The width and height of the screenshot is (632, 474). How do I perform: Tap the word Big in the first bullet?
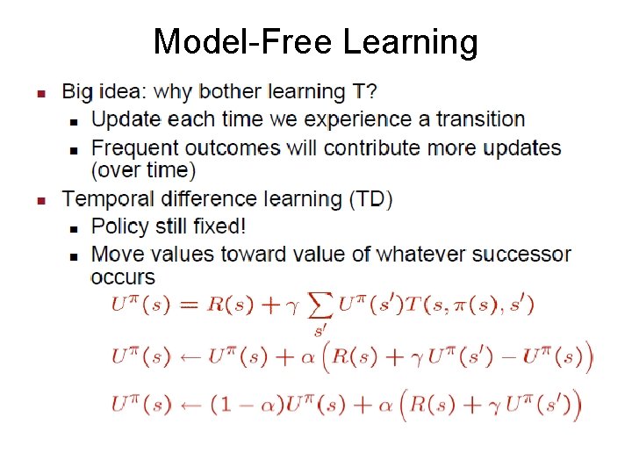point(77,91)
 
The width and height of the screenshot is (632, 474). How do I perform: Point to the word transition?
point(480,118)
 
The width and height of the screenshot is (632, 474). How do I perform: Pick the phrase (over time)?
point(143,169)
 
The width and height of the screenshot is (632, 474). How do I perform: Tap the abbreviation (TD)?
point(370,199)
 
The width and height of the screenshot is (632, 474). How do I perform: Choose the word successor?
point(521,255)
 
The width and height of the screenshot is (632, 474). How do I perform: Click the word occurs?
point(123,277)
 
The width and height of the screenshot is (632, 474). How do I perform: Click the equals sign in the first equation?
point(189,305)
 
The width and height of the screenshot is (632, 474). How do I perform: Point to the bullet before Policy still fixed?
point(74,227)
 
